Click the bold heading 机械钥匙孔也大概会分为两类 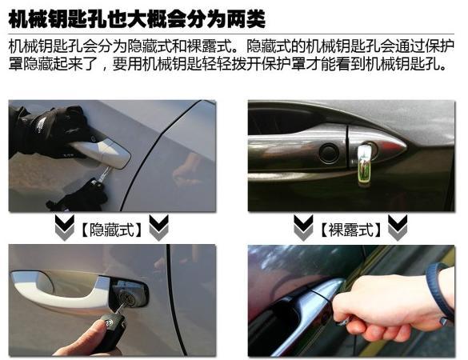(137, 19)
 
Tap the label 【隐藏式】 (111, 230)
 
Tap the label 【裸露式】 (350, 230)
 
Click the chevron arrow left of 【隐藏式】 (65, 227)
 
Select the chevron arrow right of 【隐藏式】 (158, 227)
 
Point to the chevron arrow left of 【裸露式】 (303, 227)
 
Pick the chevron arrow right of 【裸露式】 (398, 227)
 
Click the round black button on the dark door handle (329, 153)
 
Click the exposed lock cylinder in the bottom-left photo (126, 298)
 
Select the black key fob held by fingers (111, 328)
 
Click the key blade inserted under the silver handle (106, 173)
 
